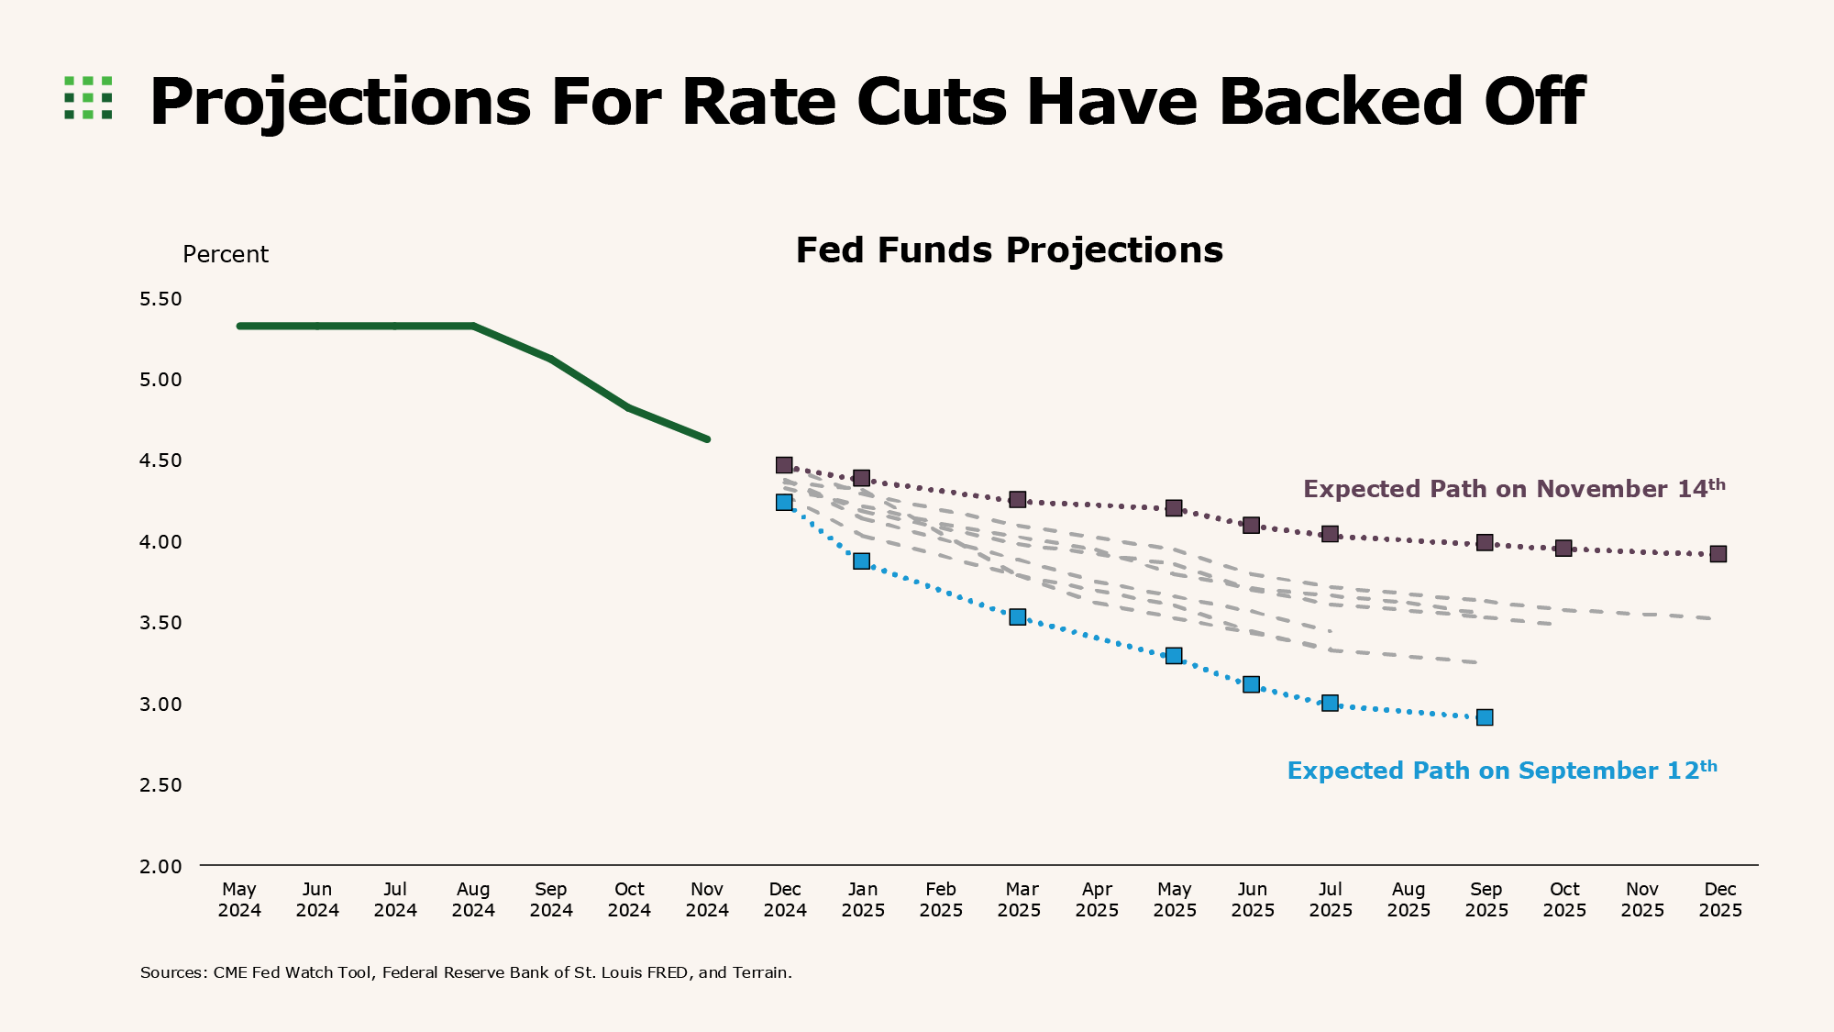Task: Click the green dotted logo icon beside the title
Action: [88, 97]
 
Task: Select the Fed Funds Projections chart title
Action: [1009, 250]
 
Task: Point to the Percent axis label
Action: [226, 255]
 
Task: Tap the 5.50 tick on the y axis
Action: [160, 299]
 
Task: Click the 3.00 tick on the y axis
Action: [160, 704]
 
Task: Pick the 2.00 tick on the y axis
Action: [160, 866]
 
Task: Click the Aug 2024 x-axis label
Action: [473, 900]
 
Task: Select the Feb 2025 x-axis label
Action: [941, 900]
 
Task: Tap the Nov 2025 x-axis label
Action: [1642, 900]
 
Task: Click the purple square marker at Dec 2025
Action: [1718, 554]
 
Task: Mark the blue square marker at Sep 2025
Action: [1485, 717]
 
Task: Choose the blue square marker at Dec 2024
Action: [784, 502]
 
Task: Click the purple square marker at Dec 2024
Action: [784, 465]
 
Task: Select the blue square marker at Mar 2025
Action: [1017, 617]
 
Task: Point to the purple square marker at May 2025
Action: [1174, 508]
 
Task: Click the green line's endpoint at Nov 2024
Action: [707, 439]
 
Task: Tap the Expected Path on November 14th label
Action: [1513, 489]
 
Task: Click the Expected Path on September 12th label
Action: [1501, 771]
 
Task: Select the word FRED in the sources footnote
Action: [668, 972]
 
